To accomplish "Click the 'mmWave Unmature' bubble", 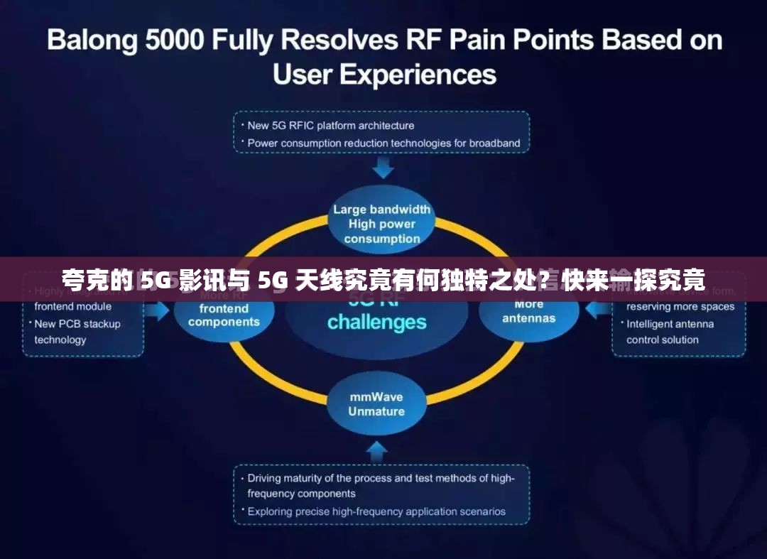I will (x=376, y=403).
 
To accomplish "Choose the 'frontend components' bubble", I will (x=224, y=315).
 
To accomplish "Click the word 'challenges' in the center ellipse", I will (x=376, y=322).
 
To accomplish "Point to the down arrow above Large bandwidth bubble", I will (x=383, y=168).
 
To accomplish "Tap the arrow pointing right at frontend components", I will (x=161, y=310).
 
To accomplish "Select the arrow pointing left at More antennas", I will (x=597, y=310).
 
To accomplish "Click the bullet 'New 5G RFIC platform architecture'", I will (x=330, y=126).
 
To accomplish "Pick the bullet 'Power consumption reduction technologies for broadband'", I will (x=383, y=143).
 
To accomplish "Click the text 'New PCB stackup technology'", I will (x=77, y=332).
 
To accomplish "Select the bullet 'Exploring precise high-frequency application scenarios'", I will (x=376, y=511).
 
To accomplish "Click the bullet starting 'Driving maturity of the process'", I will (x=380, y=486).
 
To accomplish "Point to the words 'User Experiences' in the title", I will (x=384, y=74).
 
